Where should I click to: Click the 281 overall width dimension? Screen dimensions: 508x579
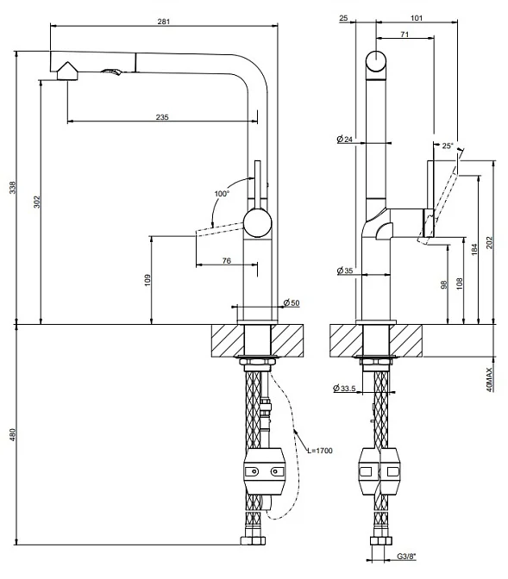(164, 22)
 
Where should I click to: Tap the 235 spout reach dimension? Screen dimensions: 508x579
(162, 117)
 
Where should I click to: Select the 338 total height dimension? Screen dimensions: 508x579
(13, 187)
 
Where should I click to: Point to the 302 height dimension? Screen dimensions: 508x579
(36, 202)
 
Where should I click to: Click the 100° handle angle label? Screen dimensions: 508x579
(222, 194)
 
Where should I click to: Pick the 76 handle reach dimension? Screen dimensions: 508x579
(227, 261)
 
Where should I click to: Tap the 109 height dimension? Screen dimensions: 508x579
(147, 280)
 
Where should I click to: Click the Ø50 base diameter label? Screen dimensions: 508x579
(292, 303)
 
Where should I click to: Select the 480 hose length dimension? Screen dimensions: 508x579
(13, 434)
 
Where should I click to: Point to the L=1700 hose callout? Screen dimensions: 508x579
(320, 451)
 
